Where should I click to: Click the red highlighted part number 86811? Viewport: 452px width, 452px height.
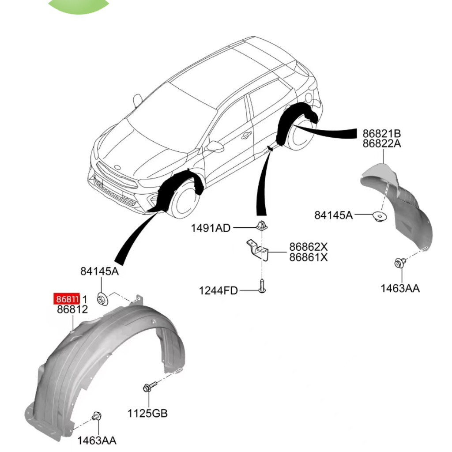click(67, 299)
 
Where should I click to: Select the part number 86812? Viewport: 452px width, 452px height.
click(72, 309)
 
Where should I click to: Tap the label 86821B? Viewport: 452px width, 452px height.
click(382, 134)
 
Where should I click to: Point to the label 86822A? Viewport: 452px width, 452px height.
click(382, 143)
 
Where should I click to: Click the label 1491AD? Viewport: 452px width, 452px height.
click(211, 228)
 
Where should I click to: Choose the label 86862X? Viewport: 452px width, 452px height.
click(309, 247)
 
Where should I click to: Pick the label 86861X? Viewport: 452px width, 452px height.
click(309, 257)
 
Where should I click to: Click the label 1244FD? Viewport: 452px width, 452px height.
click(218, 290)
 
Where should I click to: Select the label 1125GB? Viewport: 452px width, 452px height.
click(147, 414)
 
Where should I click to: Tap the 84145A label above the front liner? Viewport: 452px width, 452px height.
click(99, 271)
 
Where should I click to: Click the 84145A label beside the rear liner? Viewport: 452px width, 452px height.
click(334, 215)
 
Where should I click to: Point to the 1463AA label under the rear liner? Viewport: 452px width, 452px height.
click(400, 289)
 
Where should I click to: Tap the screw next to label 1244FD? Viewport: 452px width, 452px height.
click(262, 286)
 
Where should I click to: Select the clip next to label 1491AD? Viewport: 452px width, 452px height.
click(261, 226)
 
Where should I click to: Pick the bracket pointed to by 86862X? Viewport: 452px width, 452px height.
click(257, 250)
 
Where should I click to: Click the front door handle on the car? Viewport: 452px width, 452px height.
click(247, 135)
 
